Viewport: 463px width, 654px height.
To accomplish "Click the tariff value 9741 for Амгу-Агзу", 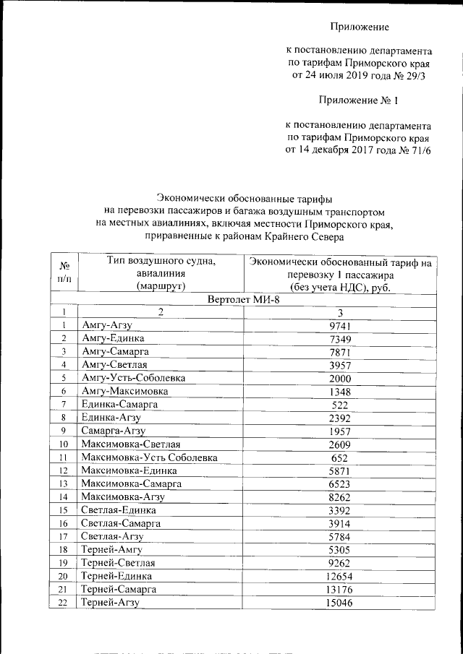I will [339, 325].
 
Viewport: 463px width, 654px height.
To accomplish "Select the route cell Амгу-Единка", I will [113, 338].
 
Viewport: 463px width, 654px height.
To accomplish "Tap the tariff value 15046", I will [339, 602].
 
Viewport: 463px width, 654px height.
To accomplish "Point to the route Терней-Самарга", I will [121, 589].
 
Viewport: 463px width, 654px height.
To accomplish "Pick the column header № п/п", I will [64, 272].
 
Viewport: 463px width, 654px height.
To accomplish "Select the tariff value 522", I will [339, 404].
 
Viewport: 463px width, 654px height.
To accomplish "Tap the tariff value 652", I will [339, 457].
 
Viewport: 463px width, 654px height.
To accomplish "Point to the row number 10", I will [64, 444].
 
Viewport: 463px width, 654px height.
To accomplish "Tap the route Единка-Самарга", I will [119, 404].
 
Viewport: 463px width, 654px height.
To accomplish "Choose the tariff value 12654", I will [339, 576].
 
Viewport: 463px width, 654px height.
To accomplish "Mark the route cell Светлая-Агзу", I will [112, 536].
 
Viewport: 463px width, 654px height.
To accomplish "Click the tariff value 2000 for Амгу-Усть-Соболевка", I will [339, 378].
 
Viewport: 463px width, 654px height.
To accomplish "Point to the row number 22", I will [64, 602].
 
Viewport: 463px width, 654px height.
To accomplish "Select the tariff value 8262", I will [339, 496].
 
